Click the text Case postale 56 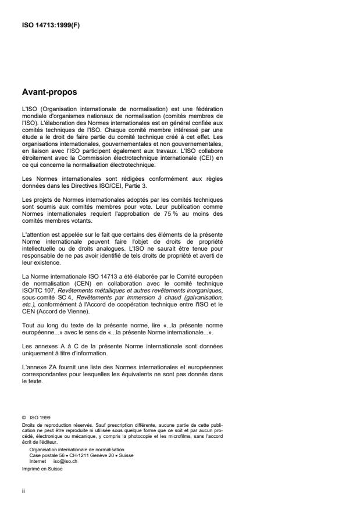tap(45, 455)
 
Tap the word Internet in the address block tap(38, 460)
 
